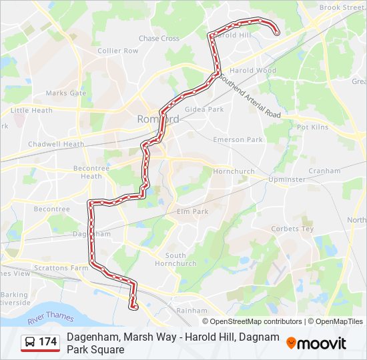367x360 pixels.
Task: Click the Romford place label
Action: click(157, 119)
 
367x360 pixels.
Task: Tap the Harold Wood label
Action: click(253, 70)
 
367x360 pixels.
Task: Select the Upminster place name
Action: click(286, 179)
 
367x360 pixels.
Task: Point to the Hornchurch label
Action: click(234, 171)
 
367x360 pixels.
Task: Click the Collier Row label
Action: click(117, 51)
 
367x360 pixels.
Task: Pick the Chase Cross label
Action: click(159, 39)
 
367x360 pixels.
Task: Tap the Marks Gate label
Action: click(66, 93)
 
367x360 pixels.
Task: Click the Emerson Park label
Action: click(238, 140)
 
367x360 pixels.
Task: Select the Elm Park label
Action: click(193, 211)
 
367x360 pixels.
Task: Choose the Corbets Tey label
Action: click(292, 229)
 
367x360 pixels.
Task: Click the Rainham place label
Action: click(192, 311)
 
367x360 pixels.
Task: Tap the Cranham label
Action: click(324, 171)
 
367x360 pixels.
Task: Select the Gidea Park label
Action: click(204, 109)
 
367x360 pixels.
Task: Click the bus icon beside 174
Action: click(30, 342)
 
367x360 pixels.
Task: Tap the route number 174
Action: click(48, 342)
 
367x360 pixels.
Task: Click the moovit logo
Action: click(316, 343)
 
